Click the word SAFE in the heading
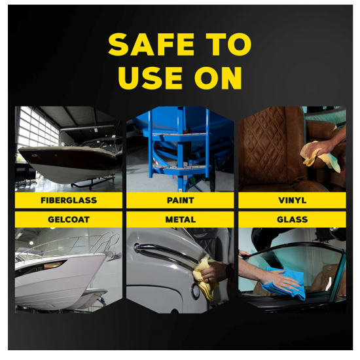click(x=151, y=44)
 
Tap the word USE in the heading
click(x=151, y=78)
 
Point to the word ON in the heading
click(x=218, y=78)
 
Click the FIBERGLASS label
click(x=69, y=200)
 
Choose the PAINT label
click(x=180, y=200)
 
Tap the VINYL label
click(x=292, y=200)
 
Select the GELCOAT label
click(x=69, y=219)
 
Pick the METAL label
click(x=180, y=219)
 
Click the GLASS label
click(x=292, y=219)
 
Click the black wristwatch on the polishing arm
click(x=229, y=270)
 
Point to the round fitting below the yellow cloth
click(x=196, y=291)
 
